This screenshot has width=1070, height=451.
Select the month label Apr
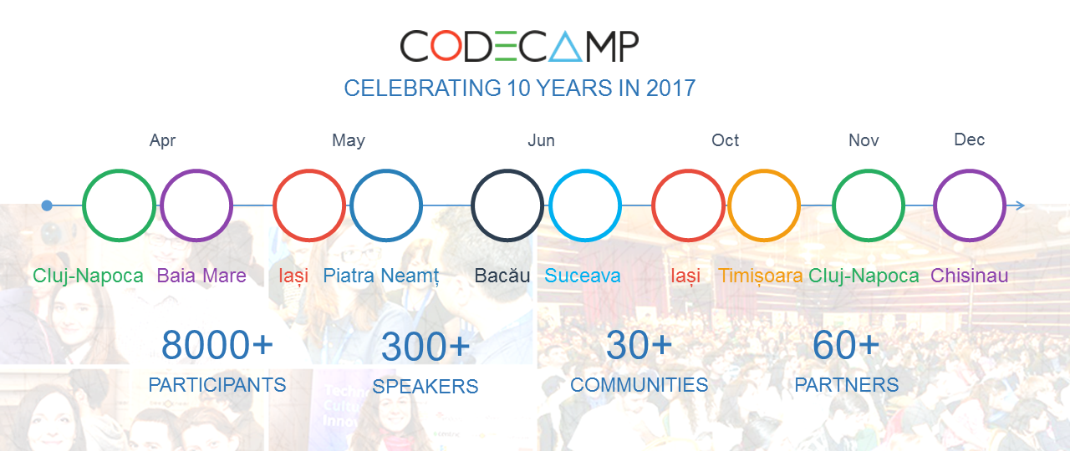pyautogui.click(x=162, y=141)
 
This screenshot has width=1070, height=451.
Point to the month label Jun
pyautogui.click(x=541, y=140)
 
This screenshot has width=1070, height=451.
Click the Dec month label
pyautogui.click(x=969, y=139)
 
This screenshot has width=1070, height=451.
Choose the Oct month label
pyautogui.click(x=725, y=140)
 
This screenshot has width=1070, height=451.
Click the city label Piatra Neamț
pyautogui.click(x=381, y=276)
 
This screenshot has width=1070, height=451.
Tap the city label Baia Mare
pyautogui.click(x=201, y=276)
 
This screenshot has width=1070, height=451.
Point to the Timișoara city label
pyautogui.click(x=761, y=276)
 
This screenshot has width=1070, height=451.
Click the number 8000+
pyautogui.click(x=217, y=345)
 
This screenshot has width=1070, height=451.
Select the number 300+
pyautogui.click(x=425, y=347)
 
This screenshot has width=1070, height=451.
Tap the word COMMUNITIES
pyautogui.click(x=639, y=385)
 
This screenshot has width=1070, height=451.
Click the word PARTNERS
pyautogui.click(x=847, y=385)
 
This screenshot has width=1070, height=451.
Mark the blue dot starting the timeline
pyautogui.click(x=47, y=205)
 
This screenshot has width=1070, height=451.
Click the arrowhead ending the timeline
pyautogui.click(x=1021, y=205)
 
